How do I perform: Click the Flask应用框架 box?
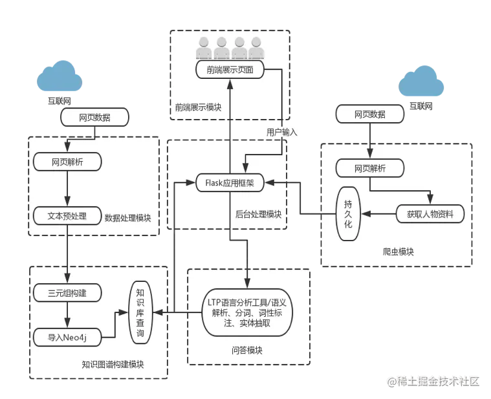[x=229, y=183]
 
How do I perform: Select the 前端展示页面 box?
[x=230, y=70]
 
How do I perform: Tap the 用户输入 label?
[x=282, y=132]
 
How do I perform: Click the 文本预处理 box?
[x=67, y=214]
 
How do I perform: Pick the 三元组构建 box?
[x=67, y=292]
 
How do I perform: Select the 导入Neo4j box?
[x=67, y=336]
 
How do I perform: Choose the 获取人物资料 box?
[x=430, y=213]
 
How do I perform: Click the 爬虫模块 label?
[x=398, y=252]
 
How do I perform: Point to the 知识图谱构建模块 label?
[x=113, y=364]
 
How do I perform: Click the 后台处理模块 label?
[x=259, y=214]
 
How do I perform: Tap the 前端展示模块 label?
[x=198, y=108]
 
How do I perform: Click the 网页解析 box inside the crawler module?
[x=370, y=168]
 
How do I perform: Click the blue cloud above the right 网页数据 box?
[x=420, y=85]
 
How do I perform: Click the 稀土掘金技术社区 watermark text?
[x=433, y=381]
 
